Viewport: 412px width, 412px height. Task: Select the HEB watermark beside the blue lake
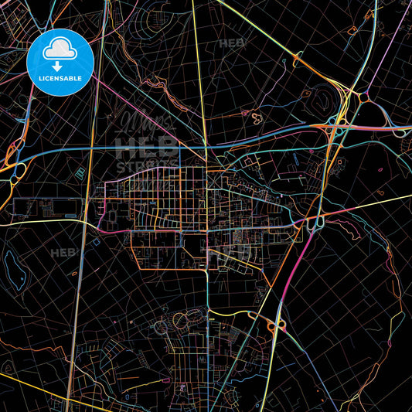click(x=63, y=252)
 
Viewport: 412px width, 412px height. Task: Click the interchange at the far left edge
click(x=9, y=162)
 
